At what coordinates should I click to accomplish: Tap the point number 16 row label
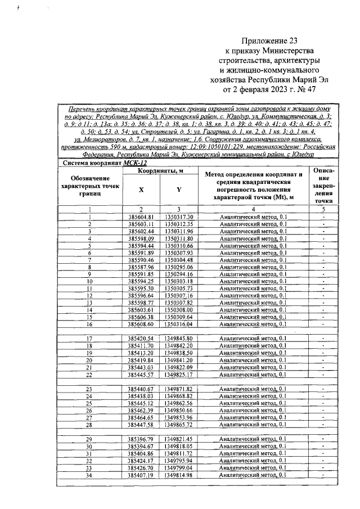click(89, 324)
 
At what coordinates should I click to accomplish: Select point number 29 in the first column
click(89, 439)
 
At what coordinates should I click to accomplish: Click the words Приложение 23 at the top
click(268, 41)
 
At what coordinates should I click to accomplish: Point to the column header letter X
click(141, 189)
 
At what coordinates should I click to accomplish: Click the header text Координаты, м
click(159, 170)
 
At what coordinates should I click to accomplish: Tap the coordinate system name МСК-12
click(135, 163)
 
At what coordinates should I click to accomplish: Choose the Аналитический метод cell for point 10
click(252, 281)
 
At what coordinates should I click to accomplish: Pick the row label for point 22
click(89, 374)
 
